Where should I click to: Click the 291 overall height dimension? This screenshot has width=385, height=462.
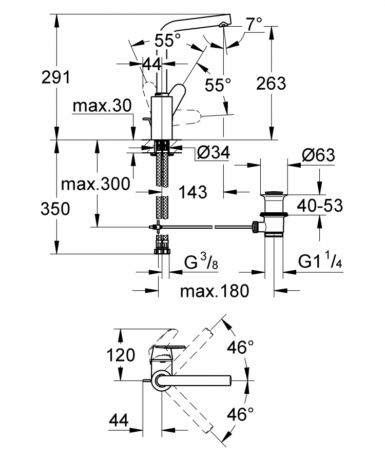pos(56,77)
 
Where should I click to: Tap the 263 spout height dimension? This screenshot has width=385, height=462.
pos(271,84)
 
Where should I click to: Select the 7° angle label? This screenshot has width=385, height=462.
pos(254,24)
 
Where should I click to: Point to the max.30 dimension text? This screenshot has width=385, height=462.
pos(102,106)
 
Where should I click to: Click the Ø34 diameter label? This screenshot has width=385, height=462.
pos(214,153)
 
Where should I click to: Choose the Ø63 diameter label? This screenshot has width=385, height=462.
pos(319,155)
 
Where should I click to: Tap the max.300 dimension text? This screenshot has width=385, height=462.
pos(95,184)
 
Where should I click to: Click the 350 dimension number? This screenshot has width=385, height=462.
pos(55,209)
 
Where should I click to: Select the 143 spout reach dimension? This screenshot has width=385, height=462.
pos(193,192)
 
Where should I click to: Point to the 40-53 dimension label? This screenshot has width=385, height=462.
pos(320,206)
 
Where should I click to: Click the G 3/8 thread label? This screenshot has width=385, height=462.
pos(201,261)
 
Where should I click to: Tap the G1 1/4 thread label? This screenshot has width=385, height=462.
pos(320,260)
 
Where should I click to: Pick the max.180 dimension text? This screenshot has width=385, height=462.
pos(215,291)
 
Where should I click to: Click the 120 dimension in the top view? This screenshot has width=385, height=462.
pos(121,355)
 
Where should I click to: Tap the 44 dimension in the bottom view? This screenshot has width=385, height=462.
pos(119,420)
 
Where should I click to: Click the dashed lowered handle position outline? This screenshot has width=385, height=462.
pos(189,117)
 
